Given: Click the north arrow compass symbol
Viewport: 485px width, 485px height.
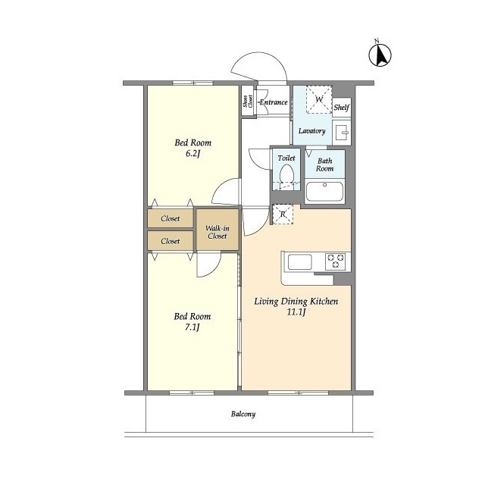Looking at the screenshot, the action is click(x=380, y=55).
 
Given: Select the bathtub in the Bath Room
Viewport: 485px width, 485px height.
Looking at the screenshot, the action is click(x=324, y=192).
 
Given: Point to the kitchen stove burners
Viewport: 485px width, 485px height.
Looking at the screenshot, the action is click(x=336, y=261).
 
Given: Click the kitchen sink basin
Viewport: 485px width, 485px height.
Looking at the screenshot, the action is click(x=300, y=261).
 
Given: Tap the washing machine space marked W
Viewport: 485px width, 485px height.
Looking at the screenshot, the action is click(x=319, y=99).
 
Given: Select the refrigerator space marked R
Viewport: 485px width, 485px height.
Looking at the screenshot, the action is click(x=283, y=214).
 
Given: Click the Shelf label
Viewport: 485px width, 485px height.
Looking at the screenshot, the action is click(x=342, y=108).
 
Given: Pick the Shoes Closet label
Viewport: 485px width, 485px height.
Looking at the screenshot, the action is click(x=248, y=101).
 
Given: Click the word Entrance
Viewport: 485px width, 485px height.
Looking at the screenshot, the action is click(x=274, y=102).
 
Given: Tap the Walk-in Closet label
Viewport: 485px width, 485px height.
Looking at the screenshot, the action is click(x=217, y=232).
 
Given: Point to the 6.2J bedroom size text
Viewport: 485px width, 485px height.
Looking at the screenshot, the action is click(x=192, y=154).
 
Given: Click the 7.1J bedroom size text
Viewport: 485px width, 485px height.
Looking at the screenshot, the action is click(x=192, y=327).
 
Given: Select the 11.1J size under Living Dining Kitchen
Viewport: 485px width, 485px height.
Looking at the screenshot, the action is click(x=296, y=312).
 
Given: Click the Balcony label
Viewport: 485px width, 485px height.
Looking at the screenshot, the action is click(x=243, y=415).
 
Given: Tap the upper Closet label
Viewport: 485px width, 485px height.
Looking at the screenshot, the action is click(x=170, y=218).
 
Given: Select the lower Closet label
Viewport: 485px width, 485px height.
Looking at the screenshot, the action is click(x=170, y=241).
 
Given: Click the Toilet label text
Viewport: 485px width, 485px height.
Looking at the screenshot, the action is click(x=286, y=158).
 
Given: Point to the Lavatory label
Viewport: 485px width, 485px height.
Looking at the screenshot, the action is click(x=311, y=131).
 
